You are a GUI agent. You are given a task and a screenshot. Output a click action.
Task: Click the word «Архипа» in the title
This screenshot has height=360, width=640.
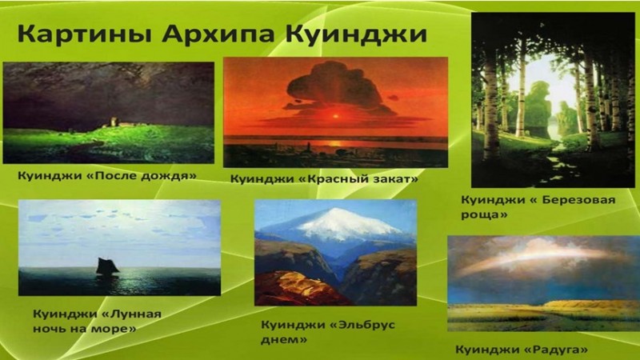(x=218, y=34)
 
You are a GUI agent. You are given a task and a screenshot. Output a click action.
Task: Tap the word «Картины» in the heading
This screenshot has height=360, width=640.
(x=84, y=34)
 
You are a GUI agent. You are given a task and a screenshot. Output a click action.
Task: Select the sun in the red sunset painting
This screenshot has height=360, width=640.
(x=336, y=116)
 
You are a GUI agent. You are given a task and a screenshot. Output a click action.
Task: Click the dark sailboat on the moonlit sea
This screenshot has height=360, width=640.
(x=107, y=267)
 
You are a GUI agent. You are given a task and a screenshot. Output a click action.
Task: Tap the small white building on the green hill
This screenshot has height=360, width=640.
(x=113, y=122)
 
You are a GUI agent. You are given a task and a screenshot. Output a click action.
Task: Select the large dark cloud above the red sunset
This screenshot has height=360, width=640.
(x=335, y=89)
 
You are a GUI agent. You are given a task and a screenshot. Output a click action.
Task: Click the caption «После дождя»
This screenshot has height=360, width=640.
(x=142, y=175)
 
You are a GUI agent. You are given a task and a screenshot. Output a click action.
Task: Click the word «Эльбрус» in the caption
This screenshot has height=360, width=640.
(x=362, y=325)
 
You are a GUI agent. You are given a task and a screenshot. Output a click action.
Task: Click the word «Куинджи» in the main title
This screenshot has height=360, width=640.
(x=356, y=34)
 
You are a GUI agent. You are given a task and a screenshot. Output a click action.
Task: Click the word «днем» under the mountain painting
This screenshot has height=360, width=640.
(x=284, y=339)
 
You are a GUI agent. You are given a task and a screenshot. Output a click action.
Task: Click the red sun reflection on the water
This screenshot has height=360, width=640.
(x=335, y=144)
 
